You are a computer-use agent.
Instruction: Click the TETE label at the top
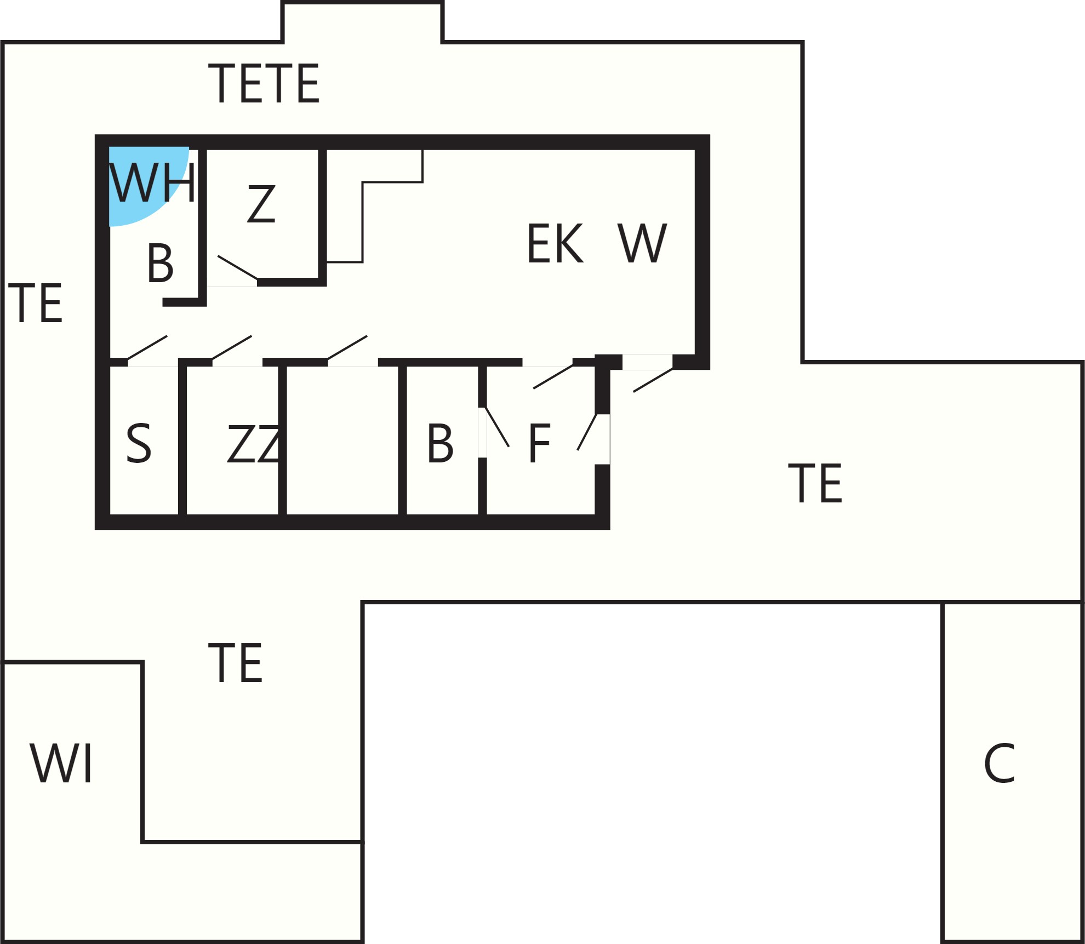click(264, 83)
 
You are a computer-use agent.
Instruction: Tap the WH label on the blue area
click(152, 183)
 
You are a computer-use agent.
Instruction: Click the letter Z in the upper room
click(261, 203)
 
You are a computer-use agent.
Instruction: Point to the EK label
click(555, 243)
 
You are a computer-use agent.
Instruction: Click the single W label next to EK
click(642, 243)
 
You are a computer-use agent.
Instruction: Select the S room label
click(139, 443)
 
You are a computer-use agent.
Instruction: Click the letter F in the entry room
click(539, 444)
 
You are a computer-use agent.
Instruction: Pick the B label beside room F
click(441, 444)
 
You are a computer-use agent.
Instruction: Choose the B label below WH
click(161, 264)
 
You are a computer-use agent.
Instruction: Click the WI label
click(61, 764)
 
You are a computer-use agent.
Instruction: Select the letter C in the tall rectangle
click(1000, 763)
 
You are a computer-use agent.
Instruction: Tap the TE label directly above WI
click(236, 663)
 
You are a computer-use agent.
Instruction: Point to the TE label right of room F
click(815, 483)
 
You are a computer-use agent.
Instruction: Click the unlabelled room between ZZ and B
click(342, 441)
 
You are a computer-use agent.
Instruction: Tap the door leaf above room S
click(147, 347)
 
